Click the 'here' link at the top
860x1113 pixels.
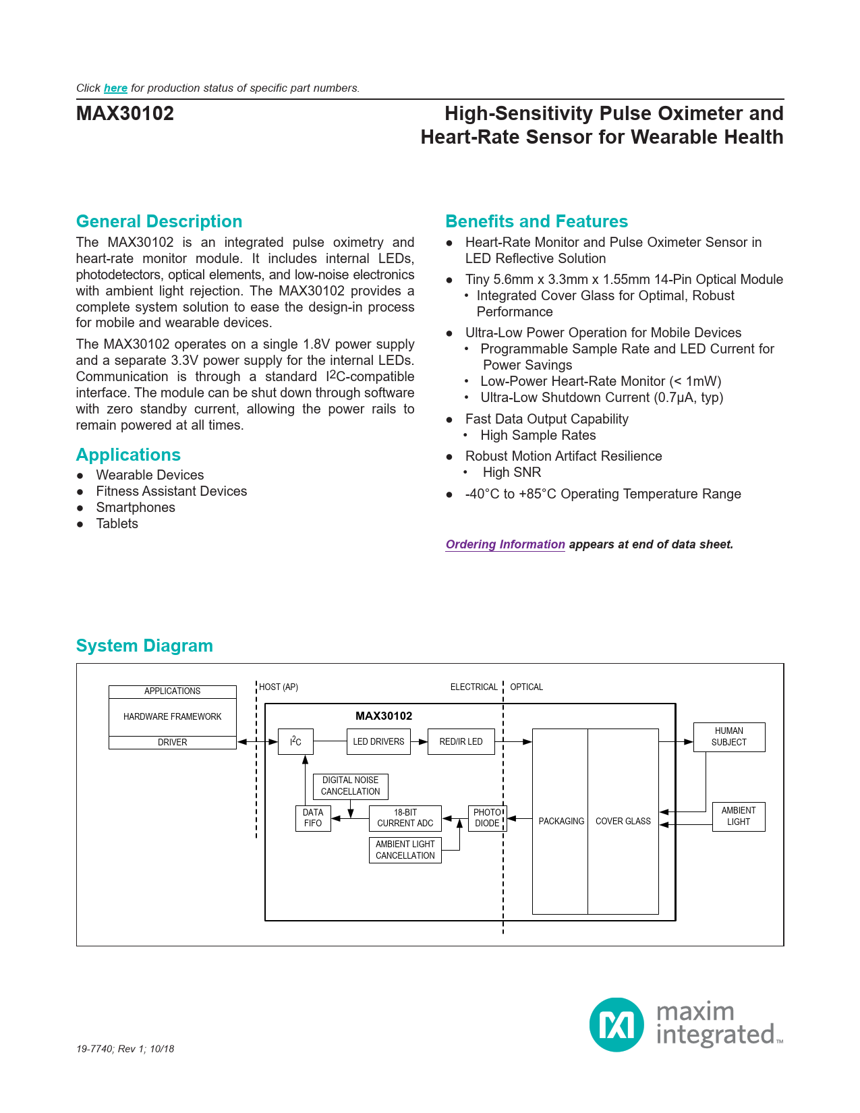click(115, 88)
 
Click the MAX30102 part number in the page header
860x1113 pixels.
click(125, 113)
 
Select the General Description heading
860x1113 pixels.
click(159, 221)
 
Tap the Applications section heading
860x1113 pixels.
click(128, 455)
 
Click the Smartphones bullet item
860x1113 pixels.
click(136, 507)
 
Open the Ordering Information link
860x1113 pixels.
click(505, 544)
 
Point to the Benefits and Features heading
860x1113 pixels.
click(536, 221)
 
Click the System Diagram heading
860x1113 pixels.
click(144, 646)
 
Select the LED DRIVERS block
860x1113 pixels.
click(378, 741)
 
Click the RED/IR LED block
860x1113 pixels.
click(461, 741)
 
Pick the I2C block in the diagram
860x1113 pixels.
click(295, 741)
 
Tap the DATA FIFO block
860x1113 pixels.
click(313, 818)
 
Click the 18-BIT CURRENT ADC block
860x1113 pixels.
click(405, 818)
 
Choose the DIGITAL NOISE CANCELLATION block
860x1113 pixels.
click(350, 786)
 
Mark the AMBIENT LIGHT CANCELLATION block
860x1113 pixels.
click(405, 850)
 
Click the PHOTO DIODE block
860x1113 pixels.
click(487, 818)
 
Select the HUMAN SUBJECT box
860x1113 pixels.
click(728, 737)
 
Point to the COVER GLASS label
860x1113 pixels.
click(623, 821)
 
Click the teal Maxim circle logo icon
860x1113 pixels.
click(617, 1024)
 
